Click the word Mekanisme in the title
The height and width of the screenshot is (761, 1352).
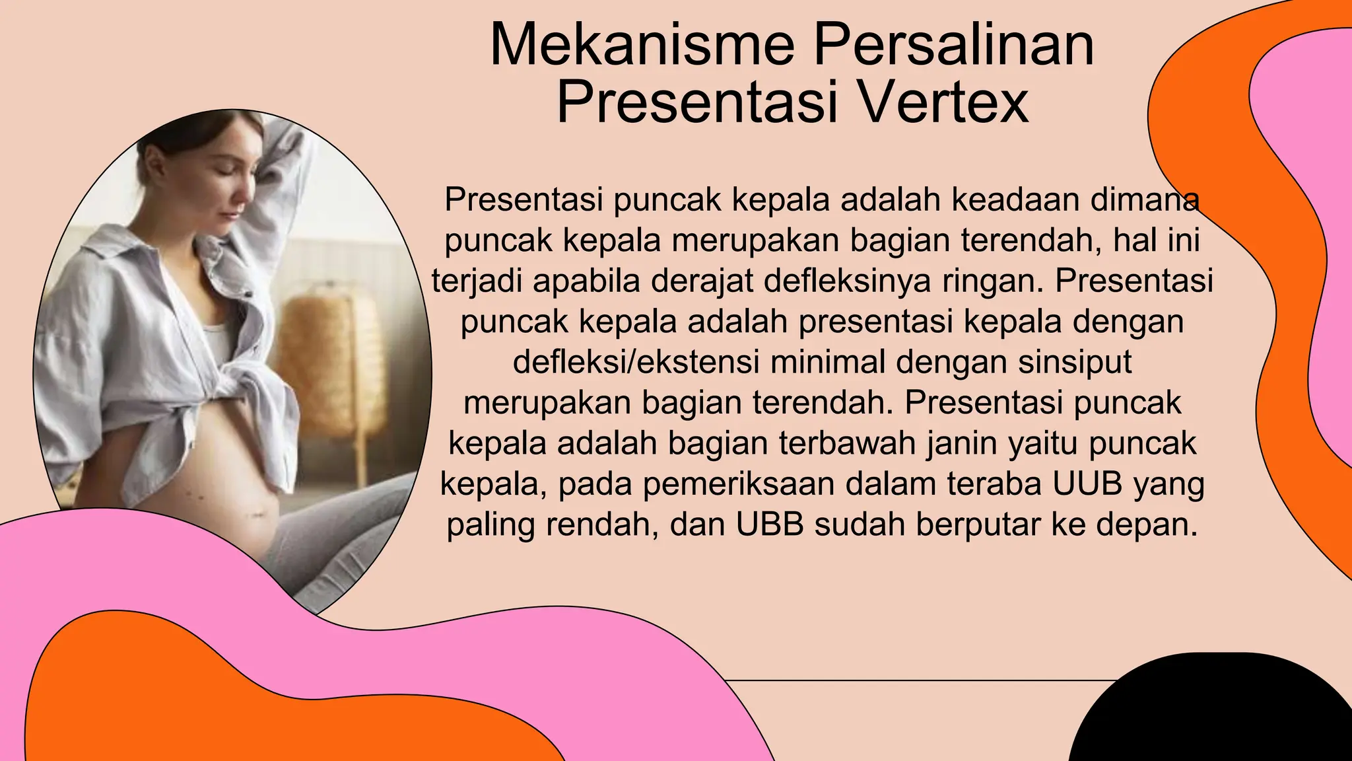pos(642,45)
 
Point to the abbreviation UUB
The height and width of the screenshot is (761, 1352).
pos(1087,484)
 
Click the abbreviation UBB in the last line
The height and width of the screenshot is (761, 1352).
pos(770,525)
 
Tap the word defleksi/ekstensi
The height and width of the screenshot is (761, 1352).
pos(636,362)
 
